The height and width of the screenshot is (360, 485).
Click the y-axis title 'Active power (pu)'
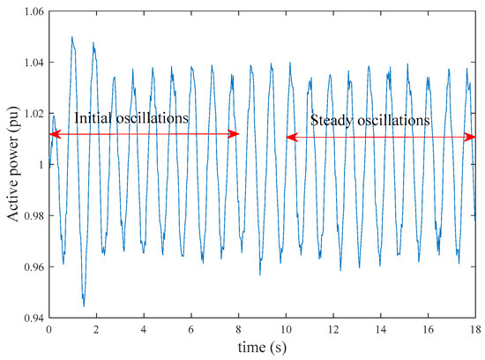(11, 164)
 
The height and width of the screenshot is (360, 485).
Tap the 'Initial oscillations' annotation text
(131, 117)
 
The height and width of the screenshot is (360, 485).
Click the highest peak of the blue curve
(72, 37)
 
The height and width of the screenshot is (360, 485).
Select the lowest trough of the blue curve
(84, 305)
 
